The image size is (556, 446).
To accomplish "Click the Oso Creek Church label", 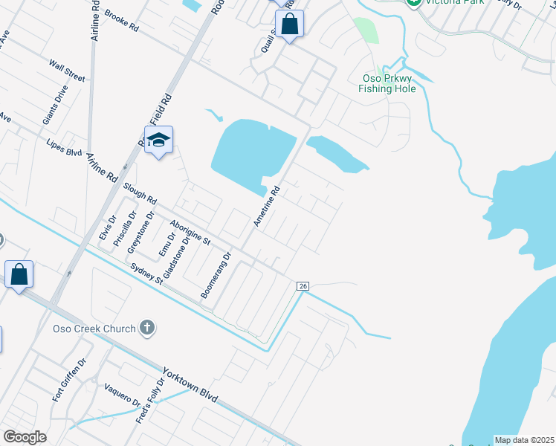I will click(x=94, y=329).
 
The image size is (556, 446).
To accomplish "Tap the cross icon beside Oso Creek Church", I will click(x=147, y=328).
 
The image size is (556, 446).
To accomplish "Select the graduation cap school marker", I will click(x=159, y=140).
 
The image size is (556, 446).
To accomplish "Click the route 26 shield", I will click(x=302, y=286).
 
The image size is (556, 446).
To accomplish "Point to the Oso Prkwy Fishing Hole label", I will click(x=387, y=83).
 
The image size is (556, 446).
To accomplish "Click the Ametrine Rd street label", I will click(x=266, y=206).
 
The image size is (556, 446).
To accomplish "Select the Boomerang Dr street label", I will click(x=217, y=275).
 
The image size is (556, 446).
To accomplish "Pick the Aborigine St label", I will click(x=190, y=233).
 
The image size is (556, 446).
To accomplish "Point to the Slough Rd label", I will click(x=140, y=194).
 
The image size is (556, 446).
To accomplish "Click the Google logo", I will click(x=25, y=437).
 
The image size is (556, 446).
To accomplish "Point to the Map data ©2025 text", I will click(x=524, y=440).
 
